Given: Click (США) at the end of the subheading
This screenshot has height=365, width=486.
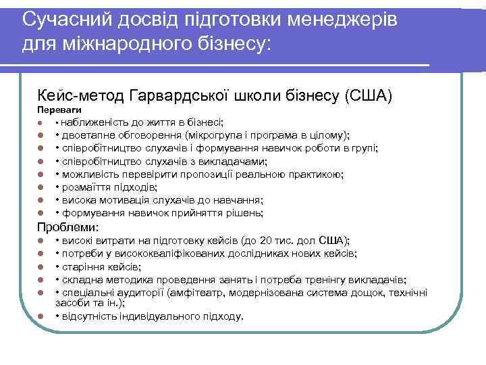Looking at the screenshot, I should point(368,94).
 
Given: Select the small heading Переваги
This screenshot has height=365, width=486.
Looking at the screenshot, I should point(59,109).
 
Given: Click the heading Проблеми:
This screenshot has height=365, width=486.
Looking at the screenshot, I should point(68,227).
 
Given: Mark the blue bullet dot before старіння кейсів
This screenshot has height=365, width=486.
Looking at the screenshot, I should point(41,267).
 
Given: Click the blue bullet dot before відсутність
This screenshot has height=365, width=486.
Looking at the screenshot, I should point(41,316).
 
